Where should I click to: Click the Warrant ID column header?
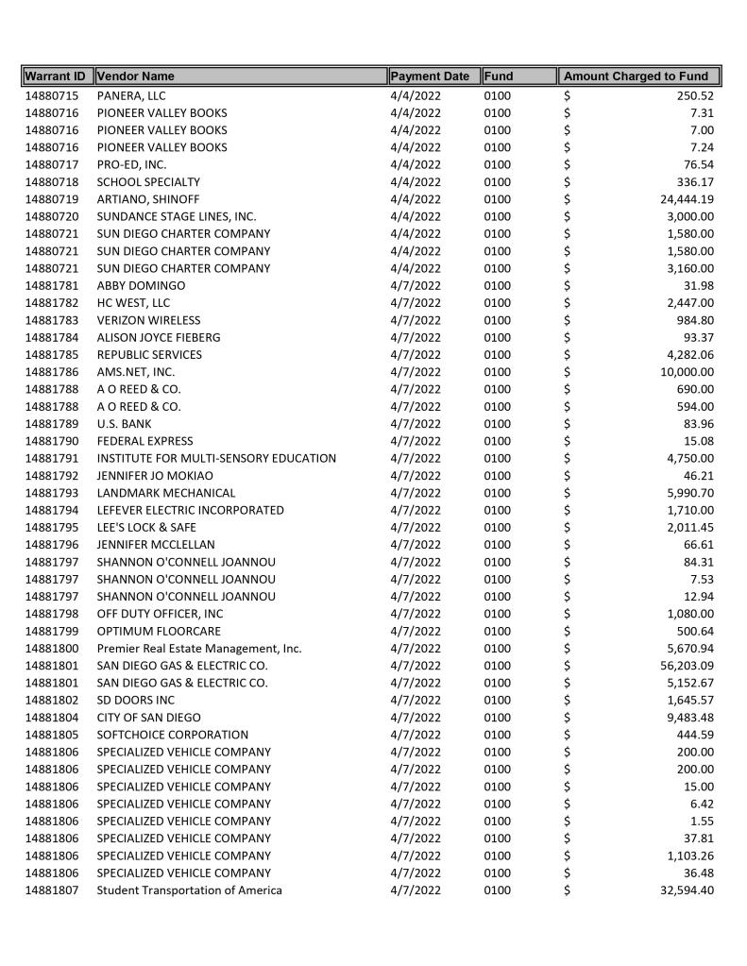[x=56, y=76]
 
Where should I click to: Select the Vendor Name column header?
[x=136, y=76]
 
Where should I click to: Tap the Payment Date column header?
[x=430, y=76]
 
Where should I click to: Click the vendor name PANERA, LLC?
[x=131, y=95]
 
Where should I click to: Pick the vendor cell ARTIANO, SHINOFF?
[x=148, y=199]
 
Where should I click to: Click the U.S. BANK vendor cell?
[x=124, y=424]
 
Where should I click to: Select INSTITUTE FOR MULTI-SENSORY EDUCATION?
[x=216, y=458]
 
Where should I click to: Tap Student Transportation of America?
[x=189, y=890]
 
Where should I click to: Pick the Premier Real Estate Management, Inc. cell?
[x=199, y=649]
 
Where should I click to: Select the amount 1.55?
[x=702, y=822]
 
